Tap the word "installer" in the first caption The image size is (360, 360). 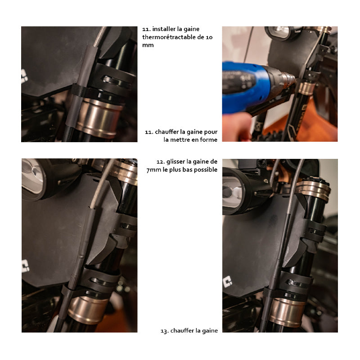click(164, 29)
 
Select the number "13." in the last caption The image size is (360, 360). click(165, 331)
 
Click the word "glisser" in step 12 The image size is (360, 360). click(175, 162)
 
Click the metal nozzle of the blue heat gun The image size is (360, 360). click(288, 80)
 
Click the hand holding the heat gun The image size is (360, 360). click(237, 126)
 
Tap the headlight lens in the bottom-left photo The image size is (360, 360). click(32, 175)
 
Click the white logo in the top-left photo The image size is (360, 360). click(24, 76)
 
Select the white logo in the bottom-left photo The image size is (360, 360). click(26, 266)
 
